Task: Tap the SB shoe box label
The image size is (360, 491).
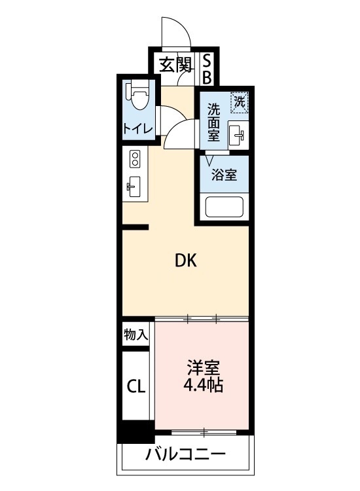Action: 206,68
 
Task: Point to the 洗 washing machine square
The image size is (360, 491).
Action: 240,101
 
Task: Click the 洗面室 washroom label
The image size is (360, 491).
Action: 214,122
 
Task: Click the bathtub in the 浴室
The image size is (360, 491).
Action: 225,207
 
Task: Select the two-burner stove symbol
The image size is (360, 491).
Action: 135,159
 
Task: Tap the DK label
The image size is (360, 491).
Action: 185,261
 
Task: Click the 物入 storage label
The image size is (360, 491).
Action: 135,335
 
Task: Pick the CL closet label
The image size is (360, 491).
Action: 136,385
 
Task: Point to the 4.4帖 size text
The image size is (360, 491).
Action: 203,386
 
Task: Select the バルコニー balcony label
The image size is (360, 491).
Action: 185,454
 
